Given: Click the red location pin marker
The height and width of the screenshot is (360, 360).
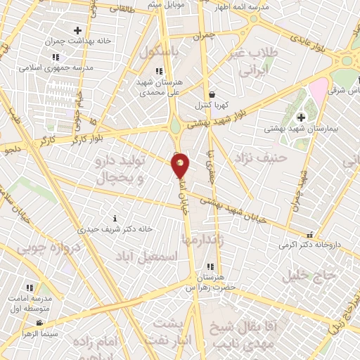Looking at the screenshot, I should pos(181,164).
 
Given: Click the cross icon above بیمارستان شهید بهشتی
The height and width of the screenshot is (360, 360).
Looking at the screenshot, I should pos(302,117).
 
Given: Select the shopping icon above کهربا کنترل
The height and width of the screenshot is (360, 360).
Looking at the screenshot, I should pos(212,95).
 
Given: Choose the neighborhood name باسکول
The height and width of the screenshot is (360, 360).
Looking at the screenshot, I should pos(161,52).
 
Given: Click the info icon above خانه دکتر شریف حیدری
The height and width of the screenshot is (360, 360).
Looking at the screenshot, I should pos(116,218).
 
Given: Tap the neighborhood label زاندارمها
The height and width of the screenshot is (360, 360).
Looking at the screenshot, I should pos(202,239).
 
